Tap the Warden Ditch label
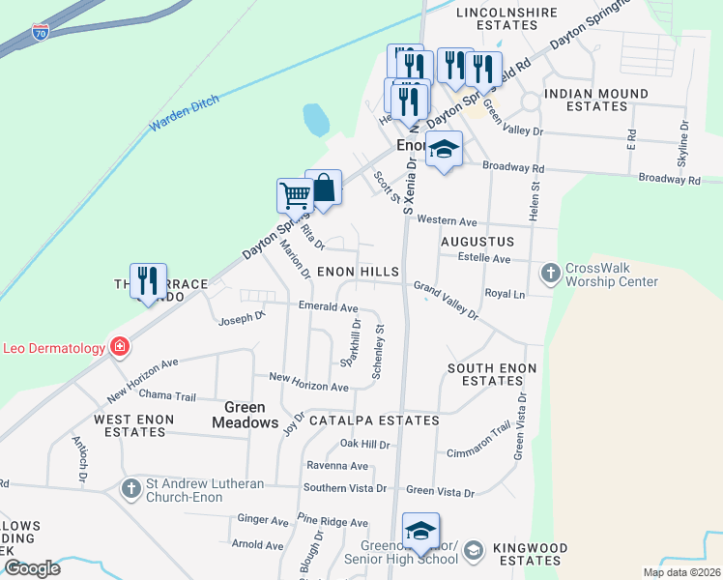(x=184, y=114)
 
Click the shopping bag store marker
(x=324, y=187)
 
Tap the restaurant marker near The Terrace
(x=148, y=280)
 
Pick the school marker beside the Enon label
(x=444, y=149)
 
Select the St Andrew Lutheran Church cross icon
(x=130, y=489)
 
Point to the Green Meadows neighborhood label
(x=238, y=415)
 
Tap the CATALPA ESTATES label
(x=374, y=420)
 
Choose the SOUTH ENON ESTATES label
(x=493, y=375)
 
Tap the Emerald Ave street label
(x=329, y=307)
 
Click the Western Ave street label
(x=448, y=220)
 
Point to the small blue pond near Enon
(x=316, y=120)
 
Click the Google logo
(x=31, y=568)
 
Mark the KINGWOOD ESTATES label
(x=527, y=554)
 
